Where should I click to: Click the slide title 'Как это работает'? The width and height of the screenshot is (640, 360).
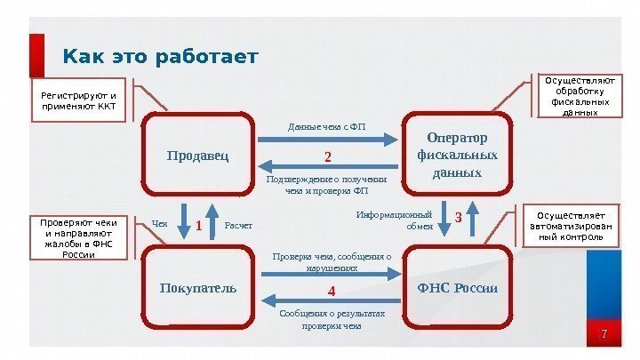(x=160, y=58)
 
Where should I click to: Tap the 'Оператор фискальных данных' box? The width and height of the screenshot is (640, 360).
(x=457, y=155)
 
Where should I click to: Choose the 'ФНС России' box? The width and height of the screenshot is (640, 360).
(x=457, y=289)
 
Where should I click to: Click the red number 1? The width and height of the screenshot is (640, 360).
(x=199, y=226)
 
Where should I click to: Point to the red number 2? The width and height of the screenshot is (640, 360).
(x=327, y=157)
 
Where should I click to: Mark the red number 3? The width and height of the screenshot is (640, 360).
(x=459, y=217)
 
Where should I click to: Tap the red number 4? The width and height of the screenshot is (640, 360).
(x=331, y=291)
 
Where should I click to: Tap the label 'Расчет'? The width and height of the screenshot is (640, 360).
(x=238, y=226)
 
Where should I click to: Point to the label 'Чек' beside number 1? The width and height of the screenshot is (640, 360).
(x=160, y=225)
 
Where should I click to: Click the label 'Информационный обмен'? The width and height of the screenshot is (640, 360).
(x=394, y=220)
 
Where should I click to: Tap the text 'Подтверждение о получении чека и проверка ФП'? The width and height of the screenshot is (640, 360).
(x=327, y=185)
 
